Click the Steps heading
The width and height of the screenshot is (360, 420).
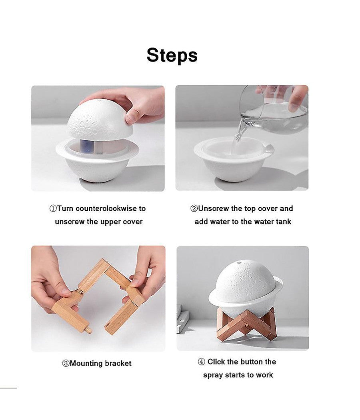tap(172, 55)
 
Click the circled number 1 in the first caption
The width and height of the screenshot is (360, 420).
tap(53, 208)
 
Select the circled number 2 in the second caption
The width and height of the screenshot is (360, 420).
tap(194, 208)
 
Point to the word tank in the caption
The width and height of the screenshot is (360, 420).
tap(283, 222)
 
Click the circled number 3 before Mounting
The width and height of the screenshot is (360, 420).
tap(66, 364)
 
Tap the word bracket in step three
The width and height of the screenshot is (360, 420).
tap(118, 364)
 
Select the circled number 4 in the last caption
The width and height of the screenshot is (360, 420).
tap(202, 362)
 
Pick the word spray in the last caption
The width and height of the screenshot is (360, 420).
tap(213, 375)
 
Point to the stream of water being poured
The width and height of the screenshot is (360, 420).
tap(240, 132)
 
